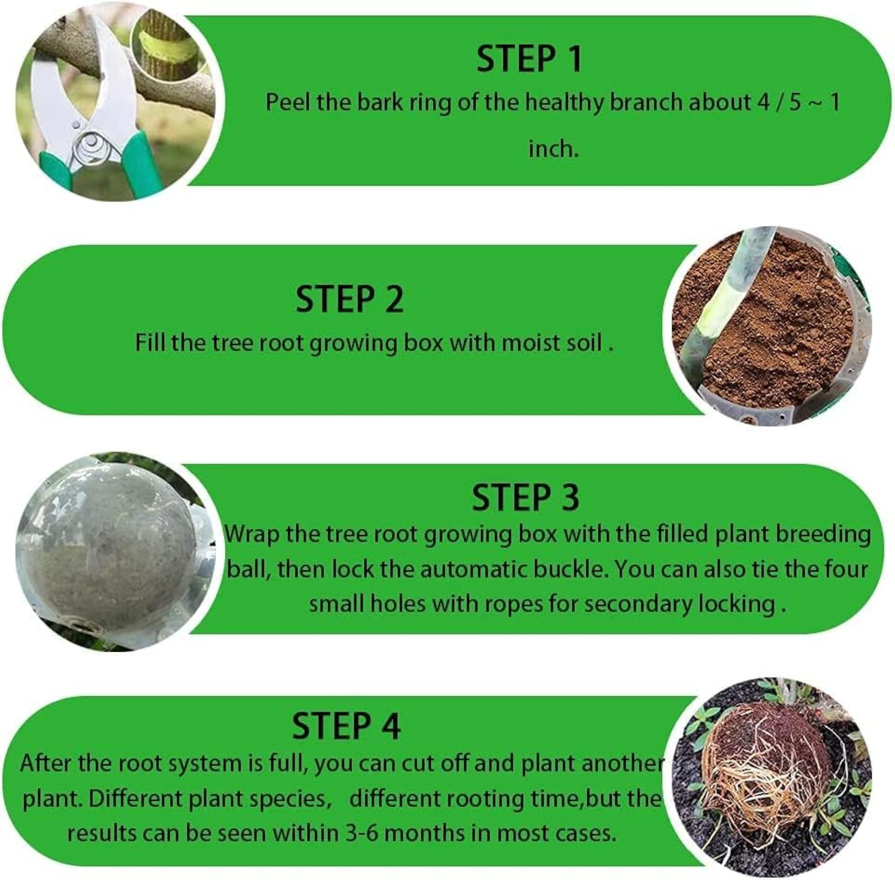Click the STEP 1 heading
[528, 59]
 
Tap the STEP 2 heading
[349, 299]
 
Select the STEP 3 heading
[525, 497]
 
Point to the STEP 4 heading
[346, 726]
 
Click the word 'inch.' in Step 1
[554, 149]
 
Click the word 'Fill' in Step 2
[149, 344]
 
